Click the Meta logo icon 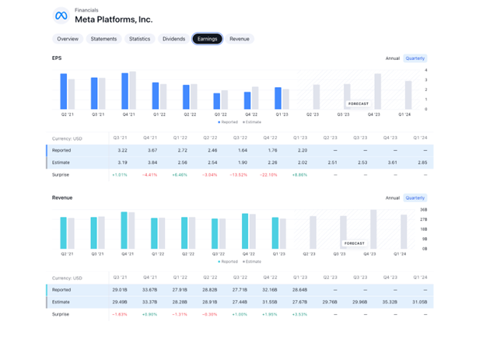(x=61, y=16)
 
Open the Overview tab (x=68, y=39)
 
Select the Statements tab (x=103, y=39)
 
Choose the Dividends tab (x=173, y=39)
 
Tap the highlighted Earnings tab (x=207, y=39)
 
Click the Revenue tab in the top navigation (x=240, y=39)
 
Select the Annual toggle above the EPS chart (x=393, y=58)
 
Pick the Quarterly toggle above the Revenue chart (x=415, y=197)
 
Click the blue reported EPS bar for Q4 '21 (x=124, y=91)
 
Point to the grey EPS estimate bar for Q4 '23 (x=378, y=91)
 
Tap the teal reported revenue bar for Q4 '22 (x=245, y=231)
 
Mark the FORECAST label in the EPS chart (x=359, y=103)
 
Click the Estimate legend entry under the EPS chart (x=252, y=122)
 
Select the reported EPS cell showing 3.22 (x=123, y=150)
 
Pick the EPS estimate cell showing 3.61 (x=392, y=163)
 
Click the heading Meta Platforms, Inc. (x=114, y=19)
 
